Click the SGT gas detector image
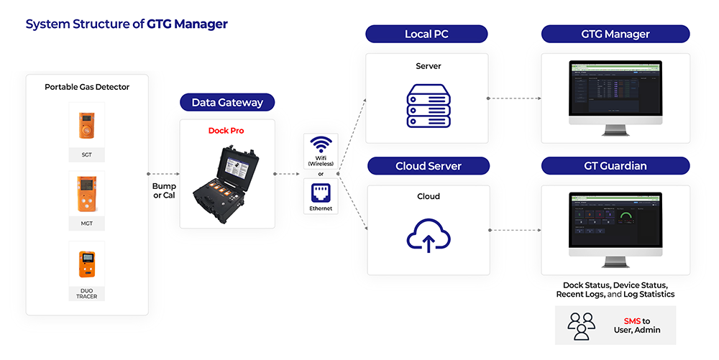click(x=86, y=126)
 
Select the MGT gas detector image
click(x=86, y=195)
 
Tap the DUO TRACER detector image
click(x=86, y=264)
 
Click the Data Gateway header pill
click(x=227, y=103)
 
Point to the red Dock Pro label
click(x=226, y=131)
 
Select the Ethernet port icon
click(x=320, y=193)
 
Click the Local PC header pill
click(x=426, y=34)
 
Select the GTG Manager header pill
click(x=615, y=34)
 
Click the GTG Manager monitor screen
click(x=615, y=91)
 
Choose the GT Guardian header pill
click(x=615, y=166)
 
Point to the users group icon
click(x=581, y=325)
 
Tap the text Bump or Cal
click(x=164, y=191)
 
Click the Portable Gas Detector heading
click(x=87, y=87)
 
